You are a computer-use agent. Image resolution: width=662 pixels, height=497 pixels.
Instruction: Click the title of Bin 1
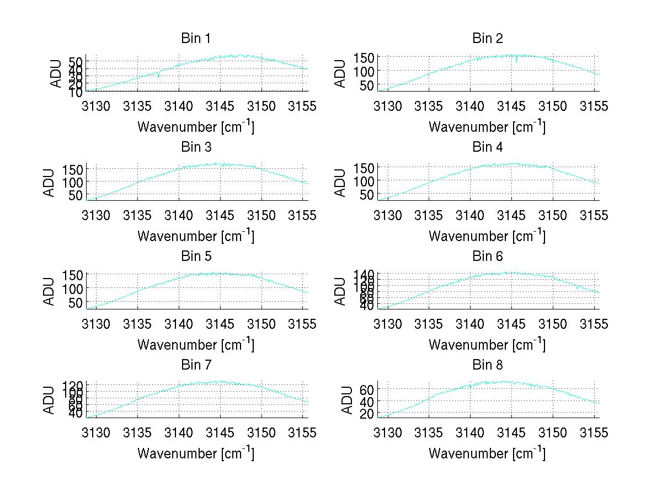pos(196,39)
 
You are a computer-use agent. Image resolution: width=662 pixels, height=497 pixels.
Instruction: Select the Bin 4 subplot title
pos(488,147)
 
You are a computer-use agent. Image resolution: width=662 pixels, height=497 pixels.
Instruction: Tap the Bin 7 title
pos(196,365)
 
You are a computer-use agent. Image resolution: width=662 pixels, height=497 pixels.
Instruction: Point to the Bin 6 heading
pos(488,256)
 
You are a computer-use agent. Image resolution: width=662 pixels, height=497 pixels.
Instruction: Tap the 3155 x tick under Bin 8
pos(594,432)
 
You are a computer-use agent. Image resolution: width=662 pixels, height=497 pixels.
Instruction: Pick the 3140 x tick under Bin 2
pos(470,106)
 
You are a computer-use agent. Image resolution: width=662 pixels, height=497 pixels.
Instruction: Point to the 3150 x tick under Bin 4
pos(553,215)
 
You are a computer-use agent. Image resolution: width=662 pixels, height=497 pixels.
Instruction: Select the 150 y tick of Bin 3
pos(76,168)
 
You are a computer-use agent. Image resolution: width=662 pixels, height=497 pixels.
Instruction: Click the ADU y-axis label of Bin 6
pos(340,291)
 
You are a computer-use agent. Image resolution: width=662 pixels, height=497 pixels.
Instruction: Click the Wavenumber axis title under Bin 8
pos(487,453)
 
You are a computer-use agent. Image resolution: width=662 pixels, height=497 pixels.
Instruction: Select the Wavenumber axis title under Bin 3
pos(196,236)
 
